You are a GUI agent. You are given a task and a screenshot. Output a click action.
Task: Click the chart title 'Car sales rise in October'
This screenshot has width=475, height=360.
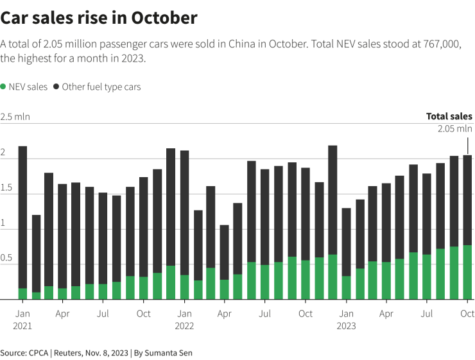[x=99, y=18]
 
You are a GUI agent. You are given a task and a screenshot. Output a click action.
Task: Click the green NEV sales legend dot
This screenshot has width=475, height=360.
[x=3, y=87]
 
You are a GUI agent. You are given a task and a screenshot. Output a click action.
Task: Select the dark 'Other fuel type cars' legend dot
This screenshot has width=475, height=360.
[x=57, y=87]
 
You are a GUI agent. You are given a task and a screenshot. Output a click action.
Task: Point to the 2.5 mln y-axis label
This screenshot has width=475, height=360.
[x=15, y=117]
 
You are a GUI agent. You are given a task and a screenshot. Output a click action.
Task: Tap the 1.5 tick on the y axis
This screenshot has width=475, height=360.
[x=6, y=187]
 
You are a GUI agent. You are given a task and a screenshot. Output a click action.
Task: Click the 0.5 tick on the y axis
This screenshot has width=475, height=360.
[x=6, y=257]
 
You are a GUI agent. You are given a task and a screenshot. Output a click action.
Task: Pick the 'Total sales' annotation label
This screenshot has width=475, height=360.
[x=449, y=117]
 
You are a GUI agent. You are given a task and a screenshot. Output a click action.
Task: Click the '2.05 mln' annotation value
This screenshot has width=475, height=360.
[x=454, y=129]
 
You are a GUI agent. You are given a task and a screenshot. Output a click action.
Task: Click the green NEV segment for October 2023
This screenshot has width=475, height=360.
[x=467, y=271]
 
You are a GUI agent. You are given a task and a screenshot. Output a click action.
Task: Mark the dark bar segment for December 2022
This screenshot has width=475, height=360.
[x=332, y=200]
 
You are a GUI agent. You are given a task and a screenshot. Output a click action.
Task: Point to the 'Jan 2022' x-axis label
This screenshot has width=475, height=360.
[x=184, y=320]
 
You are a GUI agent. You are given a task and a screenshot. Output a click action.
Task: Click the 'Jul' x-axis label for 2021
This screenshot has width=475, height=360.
[x=103, y=314]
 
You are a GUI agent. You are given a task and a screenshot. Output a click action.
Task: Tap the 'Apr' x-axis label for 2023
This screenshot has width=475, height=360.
[x=386, y=314]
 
